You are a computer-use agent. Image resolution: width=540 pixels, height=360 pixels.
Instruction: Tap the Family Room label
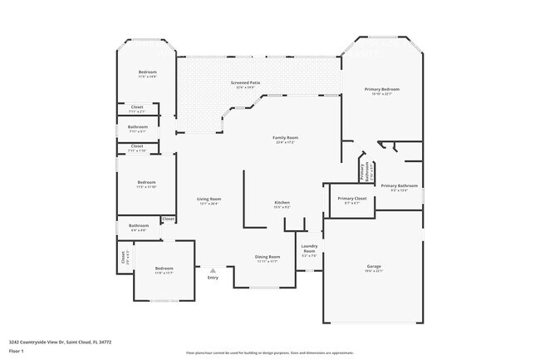285,138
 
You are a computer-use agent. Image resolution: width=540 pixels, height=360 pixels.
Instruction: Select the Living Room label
209,200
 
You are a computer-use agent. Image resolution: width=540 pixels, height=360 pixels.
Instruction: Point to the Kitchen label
282,204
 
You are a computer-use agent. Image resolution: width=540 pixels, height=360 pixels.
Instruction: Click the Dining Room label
267,258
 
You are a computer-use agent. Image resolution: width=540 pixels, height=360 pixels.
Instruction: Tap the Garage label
373,267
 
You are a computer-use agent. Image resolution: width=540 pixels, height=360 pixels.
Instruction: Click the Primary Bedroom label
382,90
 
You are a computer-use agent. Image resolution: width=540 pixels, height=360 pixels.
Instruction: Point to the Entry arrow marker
213,269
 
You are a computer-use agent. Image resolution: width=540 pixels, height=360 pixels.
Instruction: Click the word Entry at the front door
213,278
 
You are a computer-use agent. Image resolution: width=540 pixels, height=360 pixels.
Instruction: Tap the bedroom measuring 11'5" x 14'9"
147,74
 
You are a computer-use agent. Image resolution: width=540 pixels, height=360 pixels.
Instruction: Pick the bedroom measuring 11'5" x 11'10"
145,184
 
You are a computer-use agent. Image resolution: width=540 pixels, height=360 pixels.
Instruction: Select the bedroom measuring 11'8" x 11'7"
164,269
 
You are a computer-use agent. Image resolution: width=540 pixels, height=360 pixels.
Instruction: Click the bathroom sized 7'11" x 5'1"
137,128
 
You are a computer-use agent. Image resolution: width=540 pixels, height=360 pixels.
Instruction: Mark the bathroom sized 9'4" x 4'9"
137,226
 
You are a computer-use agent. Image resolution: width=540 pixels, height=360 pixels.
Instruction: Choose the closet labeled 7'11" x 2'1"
137,108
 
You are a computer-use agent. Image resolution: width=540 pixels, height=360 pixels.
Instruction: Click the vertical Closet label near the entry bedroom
124,257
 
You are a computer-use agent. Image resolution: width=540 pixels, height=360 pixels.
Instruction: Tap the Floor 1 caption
17,350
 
